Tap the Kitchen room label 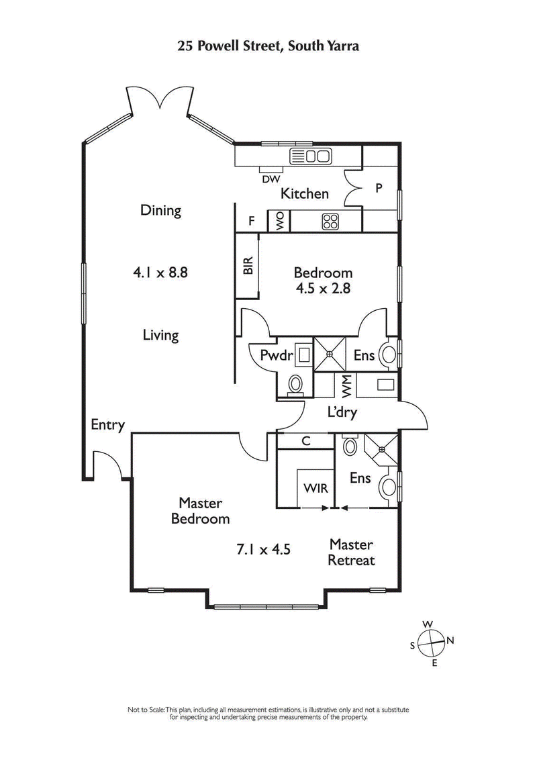305,194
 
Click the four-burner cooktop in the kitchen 330,222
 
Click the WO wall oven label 278,222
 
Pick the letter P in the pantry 379,189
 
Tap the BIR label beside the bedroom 247,266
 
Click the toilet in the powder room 295,385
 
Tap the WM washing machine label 346,386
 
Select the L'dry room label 342,412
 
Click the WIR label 315,488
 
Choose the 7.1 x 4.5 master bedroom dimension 263,550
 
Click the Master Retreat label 351,552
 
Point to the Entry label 108,424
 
